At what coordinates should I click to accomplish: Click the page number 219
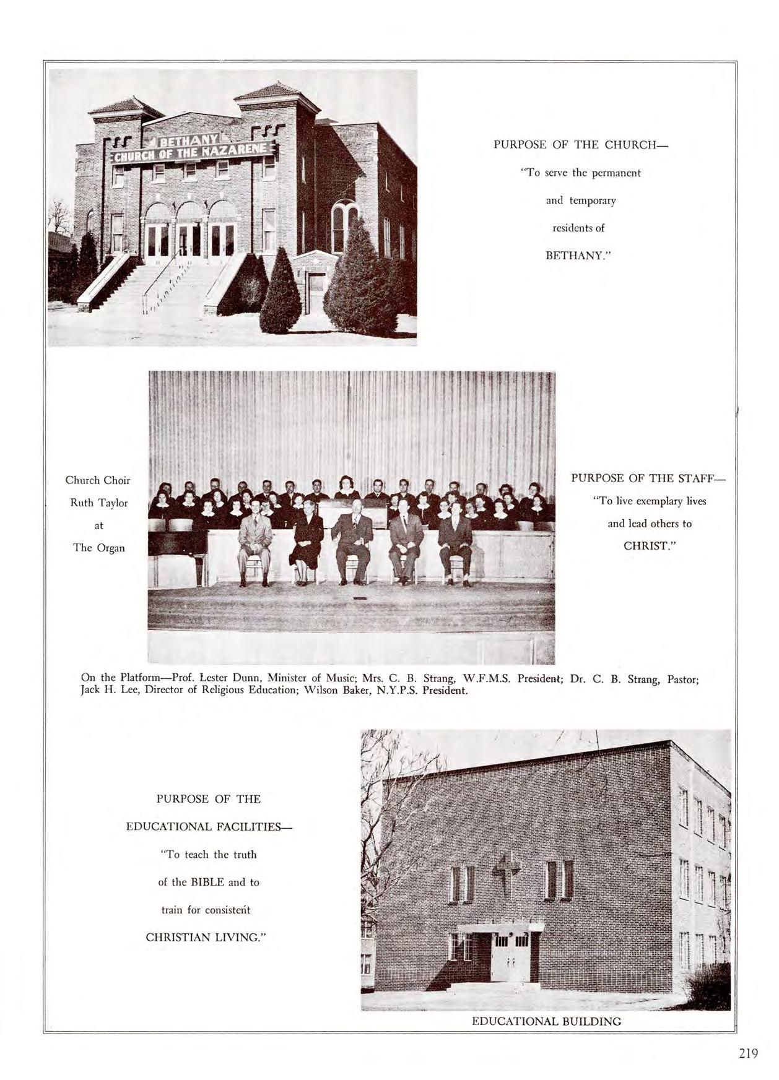click(x=748, y=1053)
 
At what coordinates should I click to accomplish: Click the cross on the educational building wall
click(x=506, y=871)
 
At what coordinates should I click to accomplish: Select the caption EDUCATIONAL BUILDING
click(x=546, y=1021)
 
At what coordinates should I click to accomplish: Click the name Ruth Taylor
click(x=99, y=503)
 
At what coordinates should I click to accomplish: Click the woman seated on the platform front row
click(x=307, y=545)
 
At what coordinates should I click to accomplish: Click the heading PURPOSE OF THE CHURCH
click(x=581, y=145)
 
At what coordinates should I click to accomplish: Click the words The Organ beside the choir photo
click(x=99, y=547)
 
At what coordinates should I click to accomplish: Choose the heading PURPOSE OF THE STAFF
click(x=648, y=478)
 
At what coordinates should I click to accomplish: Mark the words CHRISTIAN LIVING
click(x=206, y=937)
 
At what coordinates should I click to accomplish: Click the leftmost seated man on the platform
click(x=255, y=545)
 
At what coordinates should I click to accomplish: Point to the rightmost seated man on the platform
click(x=456, y=545)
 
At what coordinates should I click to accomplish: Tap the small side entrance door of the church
click(x=316, y=292)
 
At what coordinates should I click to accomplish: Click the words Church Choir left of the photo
click(x=98, y=480)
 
